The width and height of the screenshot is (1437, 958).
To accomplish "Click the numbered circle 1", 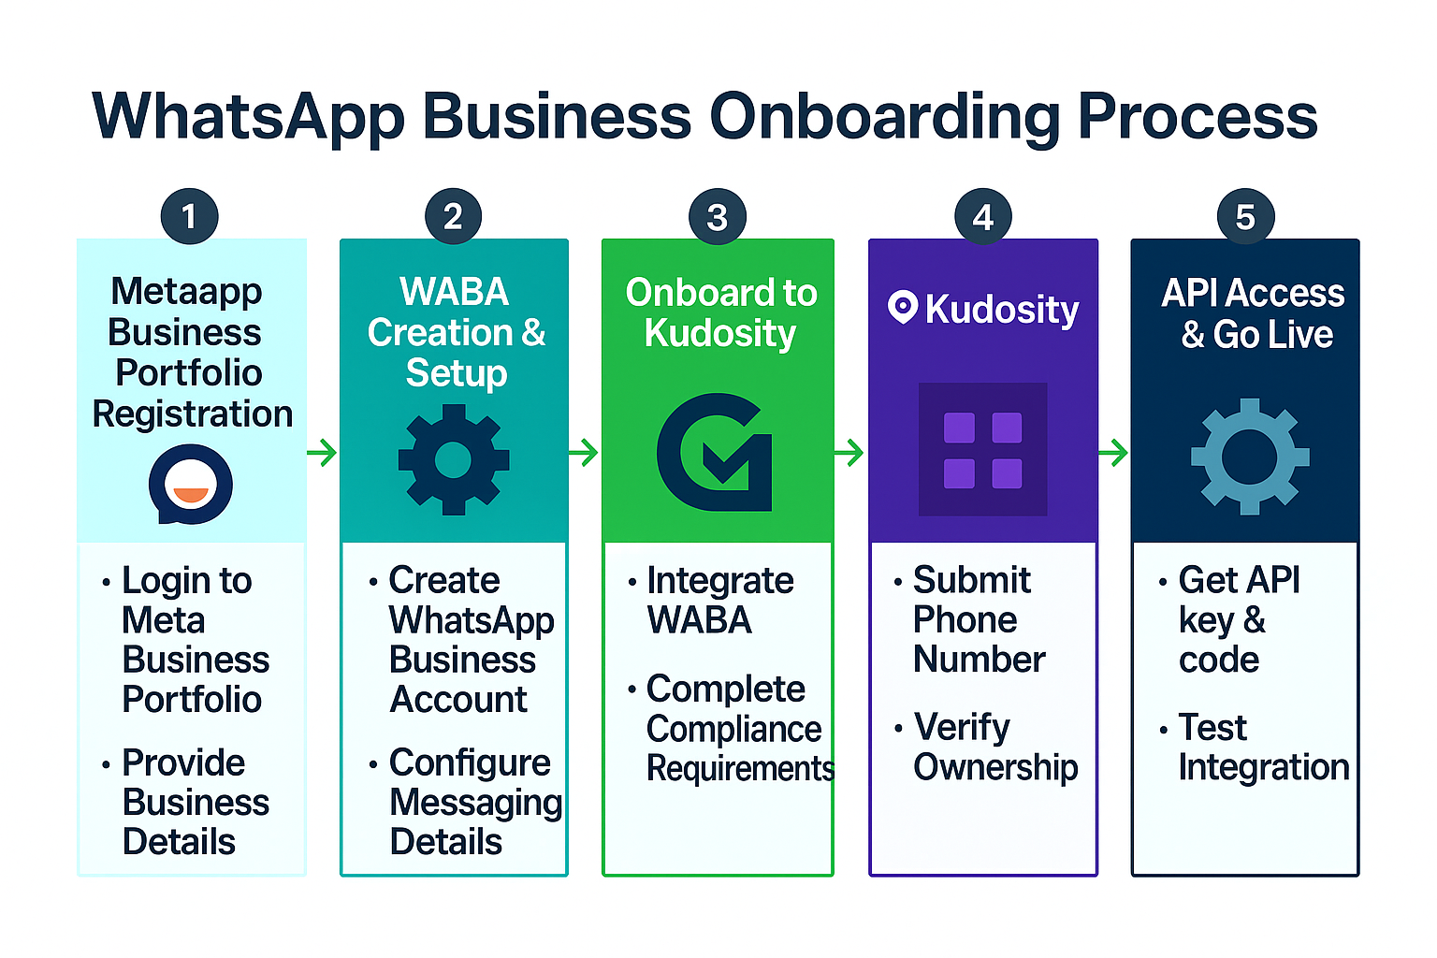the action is (x=189, y=216).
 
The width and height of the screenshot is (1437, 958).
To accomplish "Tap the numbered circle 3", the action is (x=718, y=216).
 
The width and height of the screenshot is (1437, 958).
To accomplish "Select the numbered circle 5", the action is (x=1246, y=216).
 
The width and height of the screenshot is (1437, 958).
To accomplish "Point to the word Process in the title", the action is (x=1197, y=116).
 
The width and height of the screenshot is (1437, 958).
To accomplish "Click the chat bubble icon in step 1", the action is (x=191, y=484).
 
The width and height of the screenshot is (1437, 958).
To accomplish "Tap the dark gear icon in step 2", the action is (x=454, y=459).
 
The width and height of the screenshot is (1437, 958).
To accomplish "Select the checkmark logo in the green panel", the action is (x=715, y=453).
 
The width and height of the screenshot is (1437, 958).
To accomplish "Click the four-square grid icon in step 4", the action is (x=983, y=450).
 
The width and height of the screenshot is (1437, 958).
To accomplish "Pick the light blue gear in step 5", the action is (x=1250, y=457).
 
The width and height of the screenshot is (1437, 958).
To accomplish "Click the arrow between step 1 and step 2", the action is (x=322, y=453).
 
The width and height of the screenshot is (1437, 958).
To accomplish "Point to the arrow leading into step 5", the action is (x=1113, y=453).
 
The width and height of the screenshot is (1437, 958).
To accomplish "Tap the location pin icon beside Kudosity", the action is (x=903, y=308).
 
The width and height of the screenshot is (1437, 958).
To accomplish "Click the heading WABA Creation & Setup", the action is (x=456, y=332).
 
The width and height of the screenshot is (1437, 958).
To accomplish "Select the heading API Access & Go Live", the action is (x=1254, y=313).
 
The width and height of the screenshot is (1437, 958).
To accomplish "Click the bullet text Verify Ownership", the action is (x=995, y=748).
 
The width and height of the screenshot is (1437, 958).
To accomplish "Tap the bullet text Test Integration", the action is (x=1264, y=748).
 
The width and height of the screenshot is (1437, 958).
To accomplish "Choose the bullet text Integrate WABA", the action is (x=719, y=601).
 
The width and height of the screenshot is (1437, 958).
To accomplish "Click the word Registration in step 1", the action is (x=193, y=414).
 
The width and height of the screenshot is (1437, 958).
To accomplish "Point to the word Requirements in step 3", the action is (x=740, y=769).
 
